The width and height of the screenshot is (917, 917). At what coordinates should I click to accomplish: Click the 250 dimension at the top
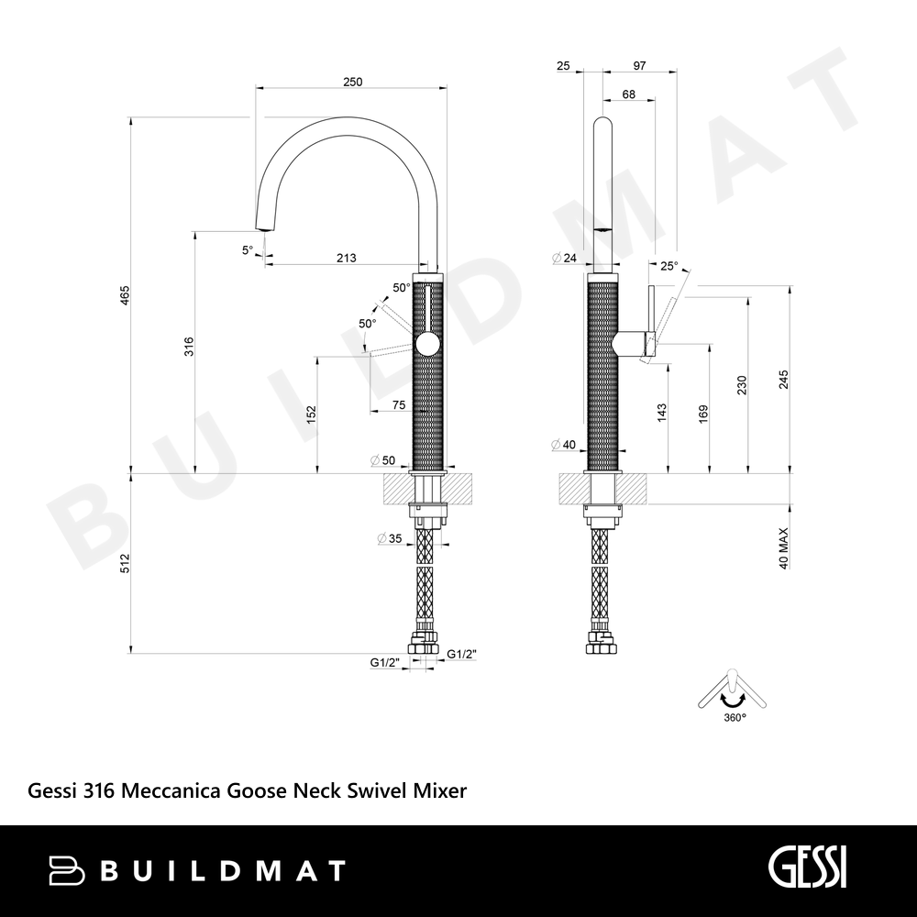point(353,82)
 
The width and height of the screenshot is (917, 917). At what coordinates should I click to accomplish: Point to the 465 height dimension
point(125,295)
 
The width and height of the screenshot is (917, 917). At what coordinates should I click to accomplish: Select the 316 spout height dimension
point(188,347)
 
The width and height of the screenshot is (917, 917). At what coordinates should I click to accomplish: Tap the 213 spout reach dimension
point(347,258)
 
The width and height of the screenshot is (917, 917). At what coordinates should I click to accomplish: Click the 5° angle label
point(248,250)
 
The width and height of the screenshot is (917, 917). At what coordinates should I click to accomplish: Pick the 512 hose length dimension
point(125,563)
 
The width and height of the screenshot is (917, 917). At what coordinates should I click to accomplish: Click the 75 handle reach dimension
point(399,405)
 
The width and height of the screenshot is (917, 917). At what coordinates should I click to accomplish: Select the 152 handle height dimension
point(311,414)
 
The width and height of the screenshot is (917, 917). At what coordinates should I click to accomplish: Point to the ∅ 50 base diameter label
point(382,460)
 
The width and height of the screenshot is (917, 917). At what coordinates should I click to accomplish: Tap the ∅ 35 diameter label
point(390,538)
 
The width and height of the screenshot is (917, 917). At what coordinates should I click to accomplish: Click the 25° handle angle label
point(669,267)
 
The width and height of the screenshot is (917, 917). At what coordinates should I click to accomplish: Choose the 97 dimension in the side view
point(639,65)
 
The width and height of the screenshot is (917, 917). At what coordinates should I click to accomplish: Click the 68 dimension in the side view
point(629,94)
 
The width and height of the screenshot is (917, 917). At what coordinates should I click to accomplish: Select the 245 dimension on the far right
point(784,380)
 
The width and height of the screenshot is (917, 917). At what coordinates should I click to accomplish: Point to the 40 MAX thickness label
point(784,548)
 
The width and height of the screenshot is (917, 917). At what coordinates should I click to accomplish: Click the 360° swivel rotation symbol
point(732,695)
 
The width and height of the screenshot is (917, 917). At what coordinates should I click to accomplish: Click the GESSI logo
point(807,870)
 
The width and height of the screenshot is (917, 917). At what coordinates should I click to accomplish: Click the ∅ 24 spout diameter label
point(564,258)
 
